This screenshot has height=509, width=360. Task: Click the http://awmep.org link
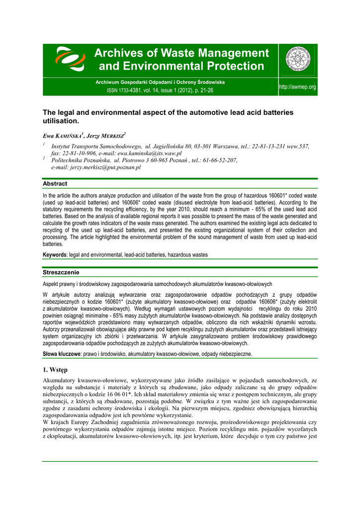(x=297, y=87)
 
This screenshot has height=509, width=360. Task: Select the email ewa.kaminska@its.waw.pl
(x=146, y=154)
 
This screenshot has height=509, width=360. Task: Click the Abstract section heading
(x=55, y=184)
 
